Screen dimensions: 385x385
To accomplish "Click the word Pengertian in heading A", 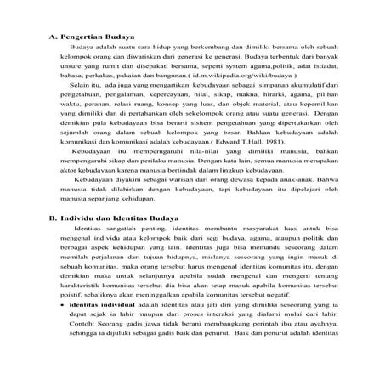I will pyautogui.click(x=83, y=37).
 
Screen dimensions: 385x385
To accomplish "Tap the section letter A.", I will pyautogui.click(x=48, y=37).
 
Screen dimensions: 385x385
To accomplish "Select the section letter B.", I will pyautogui.click(x=48, y=218).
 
